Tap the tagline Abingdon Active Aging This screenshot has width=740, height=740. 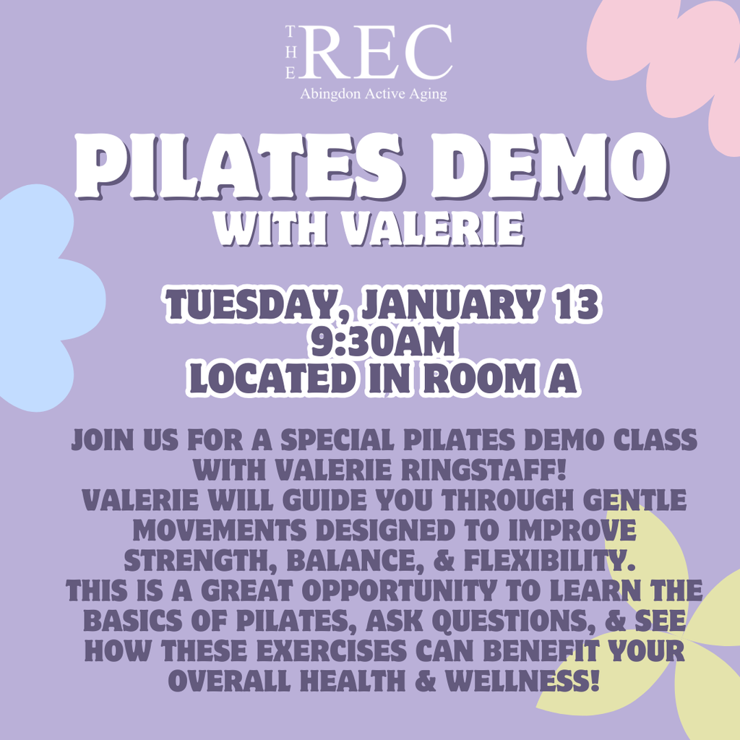373,94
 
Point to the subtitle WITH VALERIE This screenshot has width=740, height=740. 371,229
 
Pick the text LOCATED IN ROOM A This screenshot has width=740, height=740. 382,379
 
